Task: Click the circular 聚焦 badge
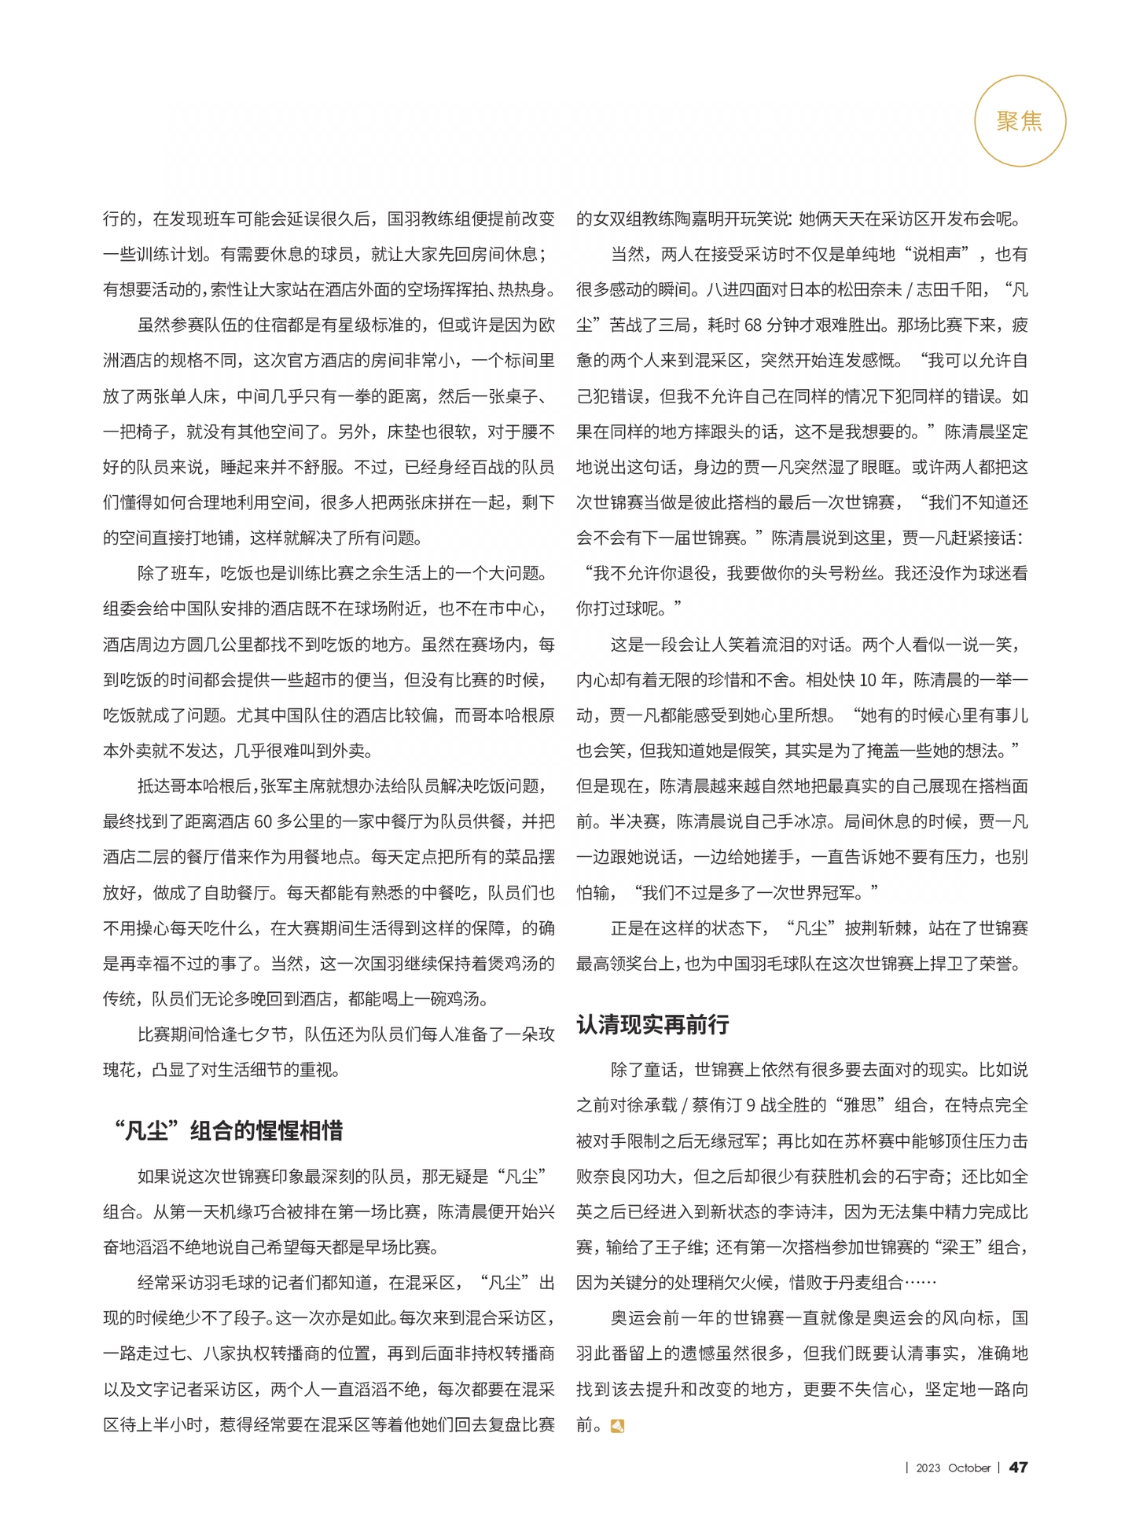[1020, 121]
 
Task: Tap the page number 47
[1018, 1467]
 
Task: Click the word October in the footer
[968, 1468]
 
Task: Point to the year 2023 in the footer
[928, 1468]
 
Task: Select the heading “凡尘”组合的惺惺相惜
[228, 1131]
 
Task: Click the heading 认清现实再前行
[652, 1024]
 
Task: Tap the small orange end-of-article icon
[617, 1426]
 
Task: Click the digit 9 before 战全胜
[751, 1105]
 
